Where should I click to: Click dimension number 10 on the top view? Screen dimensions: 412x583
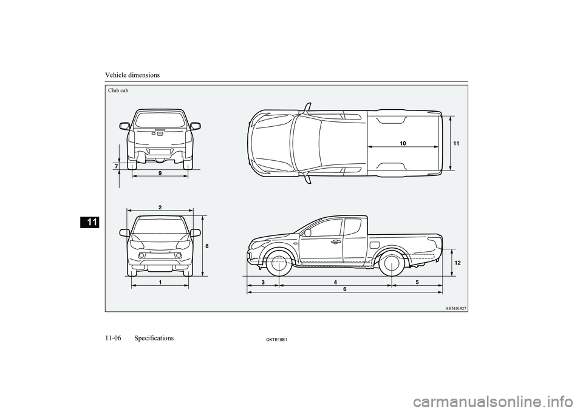403,142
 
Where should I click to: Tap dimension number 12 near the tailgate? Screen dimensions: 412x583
457,262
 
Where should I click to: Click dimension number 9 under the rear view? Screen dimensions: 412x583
160,173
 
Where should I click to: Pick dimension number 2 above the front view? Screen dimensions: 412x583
160,207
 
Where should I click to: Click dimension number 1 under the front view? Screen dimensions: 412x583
160,282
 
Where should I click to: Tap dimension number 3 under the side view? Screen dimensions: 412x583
264,282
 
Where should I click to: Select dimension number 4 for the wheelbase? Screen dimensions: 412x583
335,282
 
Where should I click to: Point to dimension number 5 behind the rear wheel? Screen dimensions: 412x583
418,282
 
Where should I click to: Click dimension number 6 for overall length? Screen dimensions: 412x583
344,289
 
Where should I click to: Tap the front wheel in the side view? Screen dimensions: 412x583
278,264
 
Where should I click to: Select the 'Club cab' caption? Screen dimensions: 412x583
118,90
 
